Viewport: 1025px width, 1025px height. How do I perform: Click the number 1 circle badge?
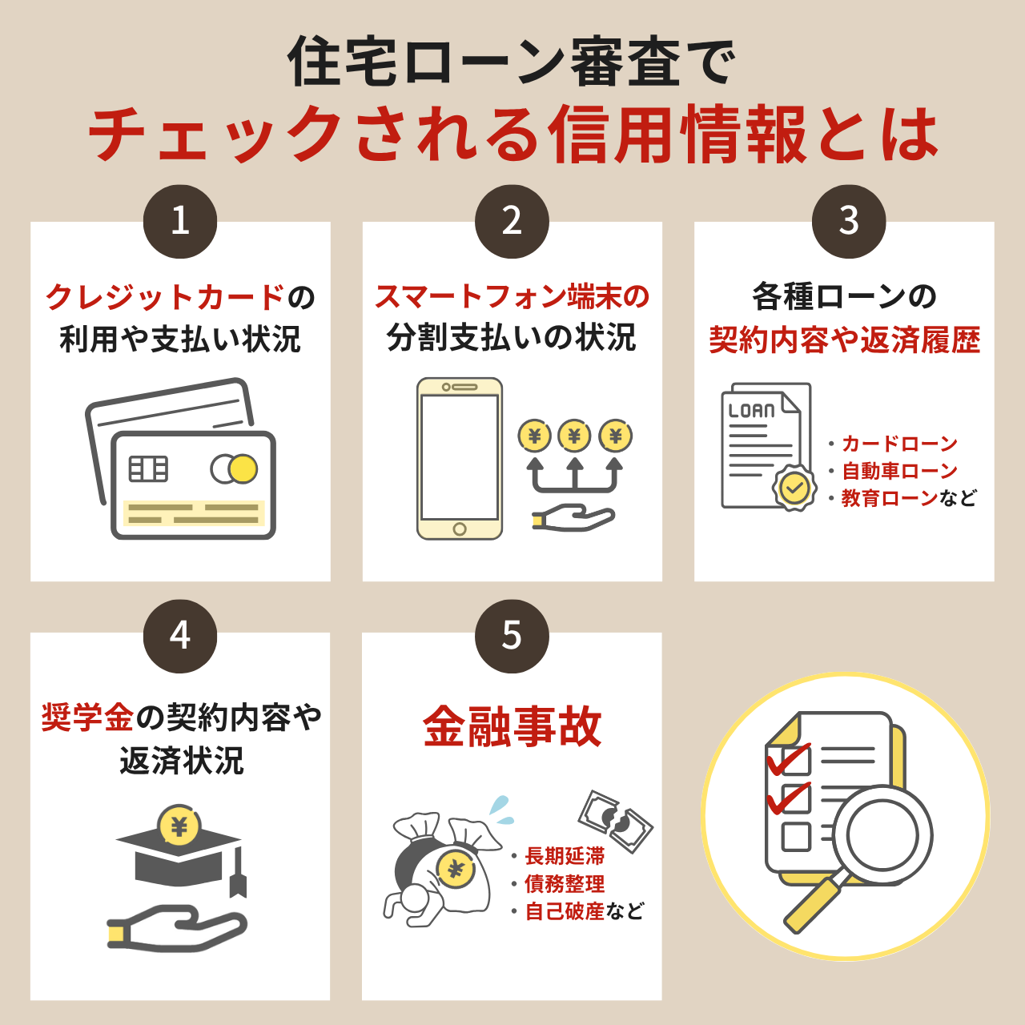click(180, 221)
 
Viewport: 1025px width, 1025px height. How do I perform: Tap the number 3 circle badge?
click(848, 221)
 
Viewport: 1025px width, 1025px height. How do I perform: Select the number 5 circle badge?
click(512, 636)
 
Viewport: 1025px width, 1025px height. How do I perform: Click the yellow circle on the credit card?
click(243, 468)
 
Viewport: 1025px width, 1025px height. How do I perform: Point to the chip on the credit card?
click(148, 468)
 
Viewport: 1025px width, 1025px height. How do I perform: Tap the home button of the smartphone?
click(460, 529)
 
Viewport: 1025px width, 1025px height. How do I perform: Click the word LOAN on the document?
click(751, 411)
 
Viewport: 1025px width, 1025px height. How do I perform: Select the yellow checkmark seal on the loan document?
click(794, 487)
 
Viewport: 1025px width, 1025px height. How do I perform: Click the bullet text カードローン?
click(899, 443)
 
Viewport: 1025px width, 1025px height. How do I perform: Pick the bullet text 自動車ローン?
click(899, 471)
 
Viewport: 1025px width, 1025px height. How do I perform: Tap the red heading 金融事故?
click(512, 727)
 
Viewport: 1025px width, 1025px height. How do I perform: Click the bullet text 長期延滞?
click(565, 856)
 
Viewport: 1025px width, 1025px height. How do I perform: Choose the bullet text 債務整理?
click(565, 883)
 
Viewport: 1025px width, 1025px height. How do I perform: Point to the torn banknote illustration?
click(616, 822)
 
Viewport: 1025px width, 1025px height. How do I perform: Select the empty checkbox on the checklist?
click(796, 837)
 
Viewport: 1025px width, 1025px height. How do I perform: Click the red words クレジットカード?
click(166, 296)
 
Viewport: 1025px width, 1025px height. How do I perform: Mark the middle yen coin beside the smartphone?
click(574, 436)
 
